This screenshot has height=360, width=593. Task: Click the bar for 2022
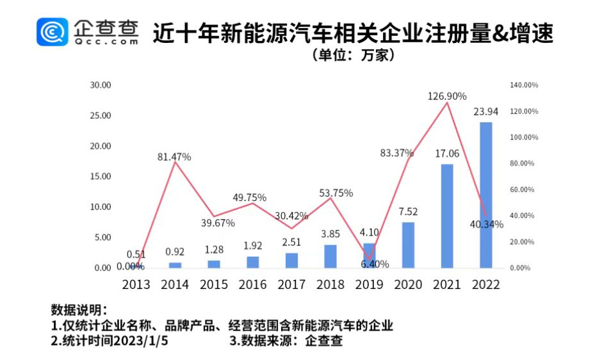click(x=486, y=195)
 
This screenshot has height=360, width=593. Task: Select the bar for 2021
click(x=447, y=216)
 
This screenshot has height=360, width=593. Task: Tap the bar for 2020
click(x=408, y=245)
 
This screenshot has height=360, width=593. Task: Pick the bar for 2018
click(x=330, y=256)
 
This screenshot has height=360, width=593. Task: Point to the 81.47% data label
click(x=174, y=156)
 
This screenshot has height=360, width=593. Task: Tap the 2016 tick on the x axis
click(x=252, y=284)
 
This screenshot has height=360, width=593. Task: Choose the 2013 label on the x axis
click(x=136, y=284)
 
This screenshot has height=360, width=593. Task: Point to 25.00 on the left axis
click(x=101, y=116)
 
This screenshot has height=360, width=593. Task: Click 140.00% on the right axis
click(x=524, y=85)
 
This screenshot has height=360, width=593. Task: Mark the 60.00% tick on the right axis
click(x=522, y=190)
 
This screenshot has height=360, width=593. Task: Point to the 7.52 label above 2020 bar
click(x=408, y=212)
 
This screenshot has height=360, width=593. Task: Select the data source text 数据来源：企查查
click(x=286, y=340)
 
